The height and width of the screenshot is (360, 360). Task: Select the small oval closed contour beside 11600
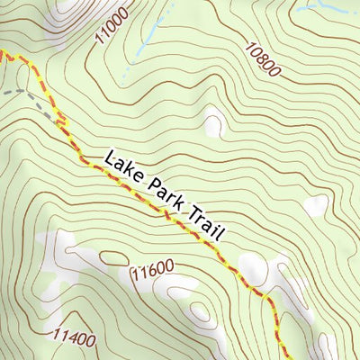click(113, 258)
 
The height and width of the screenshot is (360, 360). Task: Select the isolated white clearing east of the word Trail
click(315, 206)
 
